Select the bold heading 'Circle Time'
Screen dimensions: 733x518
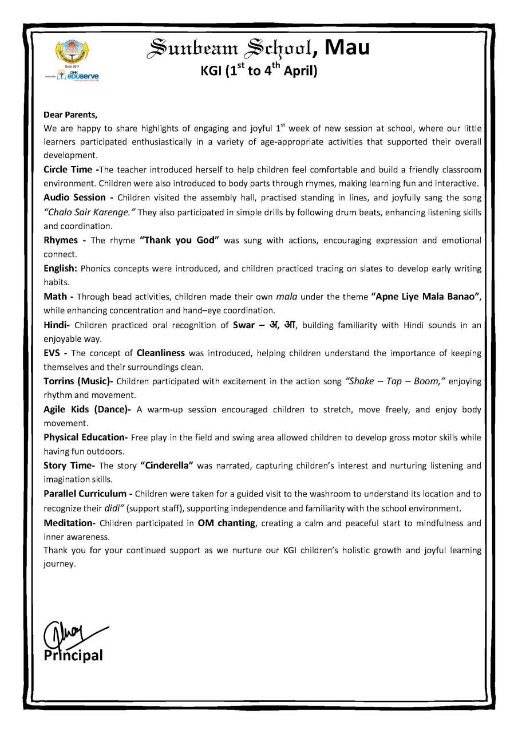pos(68,170)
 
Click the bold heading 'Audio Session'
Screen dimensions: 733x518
pos(75,198)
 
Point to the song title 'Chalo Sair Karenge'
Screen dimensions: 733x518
pos(90,212)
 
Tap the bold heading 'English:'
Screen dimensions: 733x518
pos(61,268)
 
